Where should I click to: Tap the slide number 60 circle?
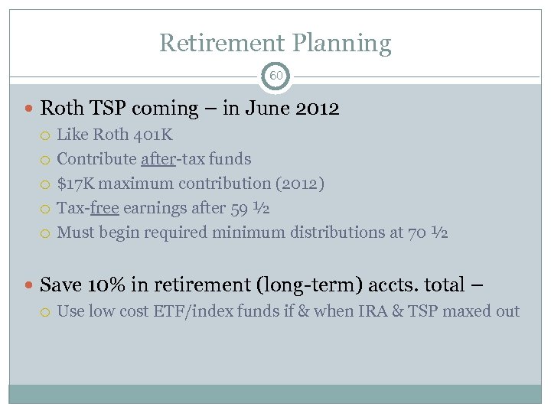coord(275,76)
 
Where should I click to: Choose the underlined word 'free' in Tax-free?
coord(104,208)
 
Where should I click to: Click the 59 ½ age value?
coord(250,208)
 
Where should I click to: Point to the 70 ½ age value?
coord(429,233)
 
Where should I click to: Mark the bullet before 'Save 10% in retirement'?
coord(29,286)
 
